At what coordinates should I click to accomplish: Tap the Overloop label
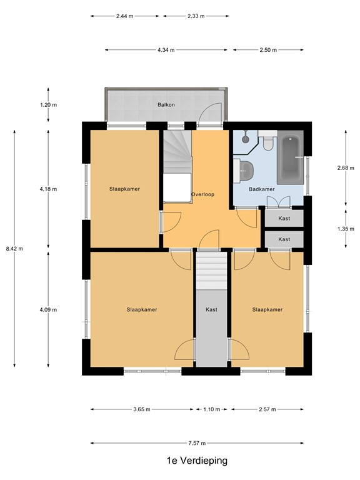coord(203,194)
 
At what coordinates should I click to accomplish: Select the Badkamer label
coord(261,189)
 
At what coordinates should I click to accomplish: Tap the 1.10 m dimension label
coord(211,410)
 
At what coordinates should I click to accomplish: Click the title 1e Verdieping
coord(197,461)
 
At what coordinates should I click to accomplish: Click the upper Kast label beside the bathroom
coord(284,218)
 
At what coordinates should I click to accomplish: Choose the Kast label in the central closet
coord(211,309)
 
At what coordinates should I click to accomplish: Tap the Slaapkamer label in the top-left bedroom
coord(124,188)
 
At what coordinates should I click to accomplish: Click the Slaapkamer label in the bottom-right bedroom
coord(267,309)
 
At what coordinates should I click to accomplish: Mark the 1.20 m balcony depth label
coord(48,105)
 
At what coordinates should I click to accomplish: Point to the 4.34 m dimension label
coord(166,49)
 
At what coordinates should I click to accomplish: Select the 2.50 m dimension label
coord(268,49)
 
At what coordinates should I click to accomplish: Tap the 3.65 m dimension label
coord(141,410)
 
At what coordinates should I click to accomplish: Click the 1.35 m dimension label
coord(345,229)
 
